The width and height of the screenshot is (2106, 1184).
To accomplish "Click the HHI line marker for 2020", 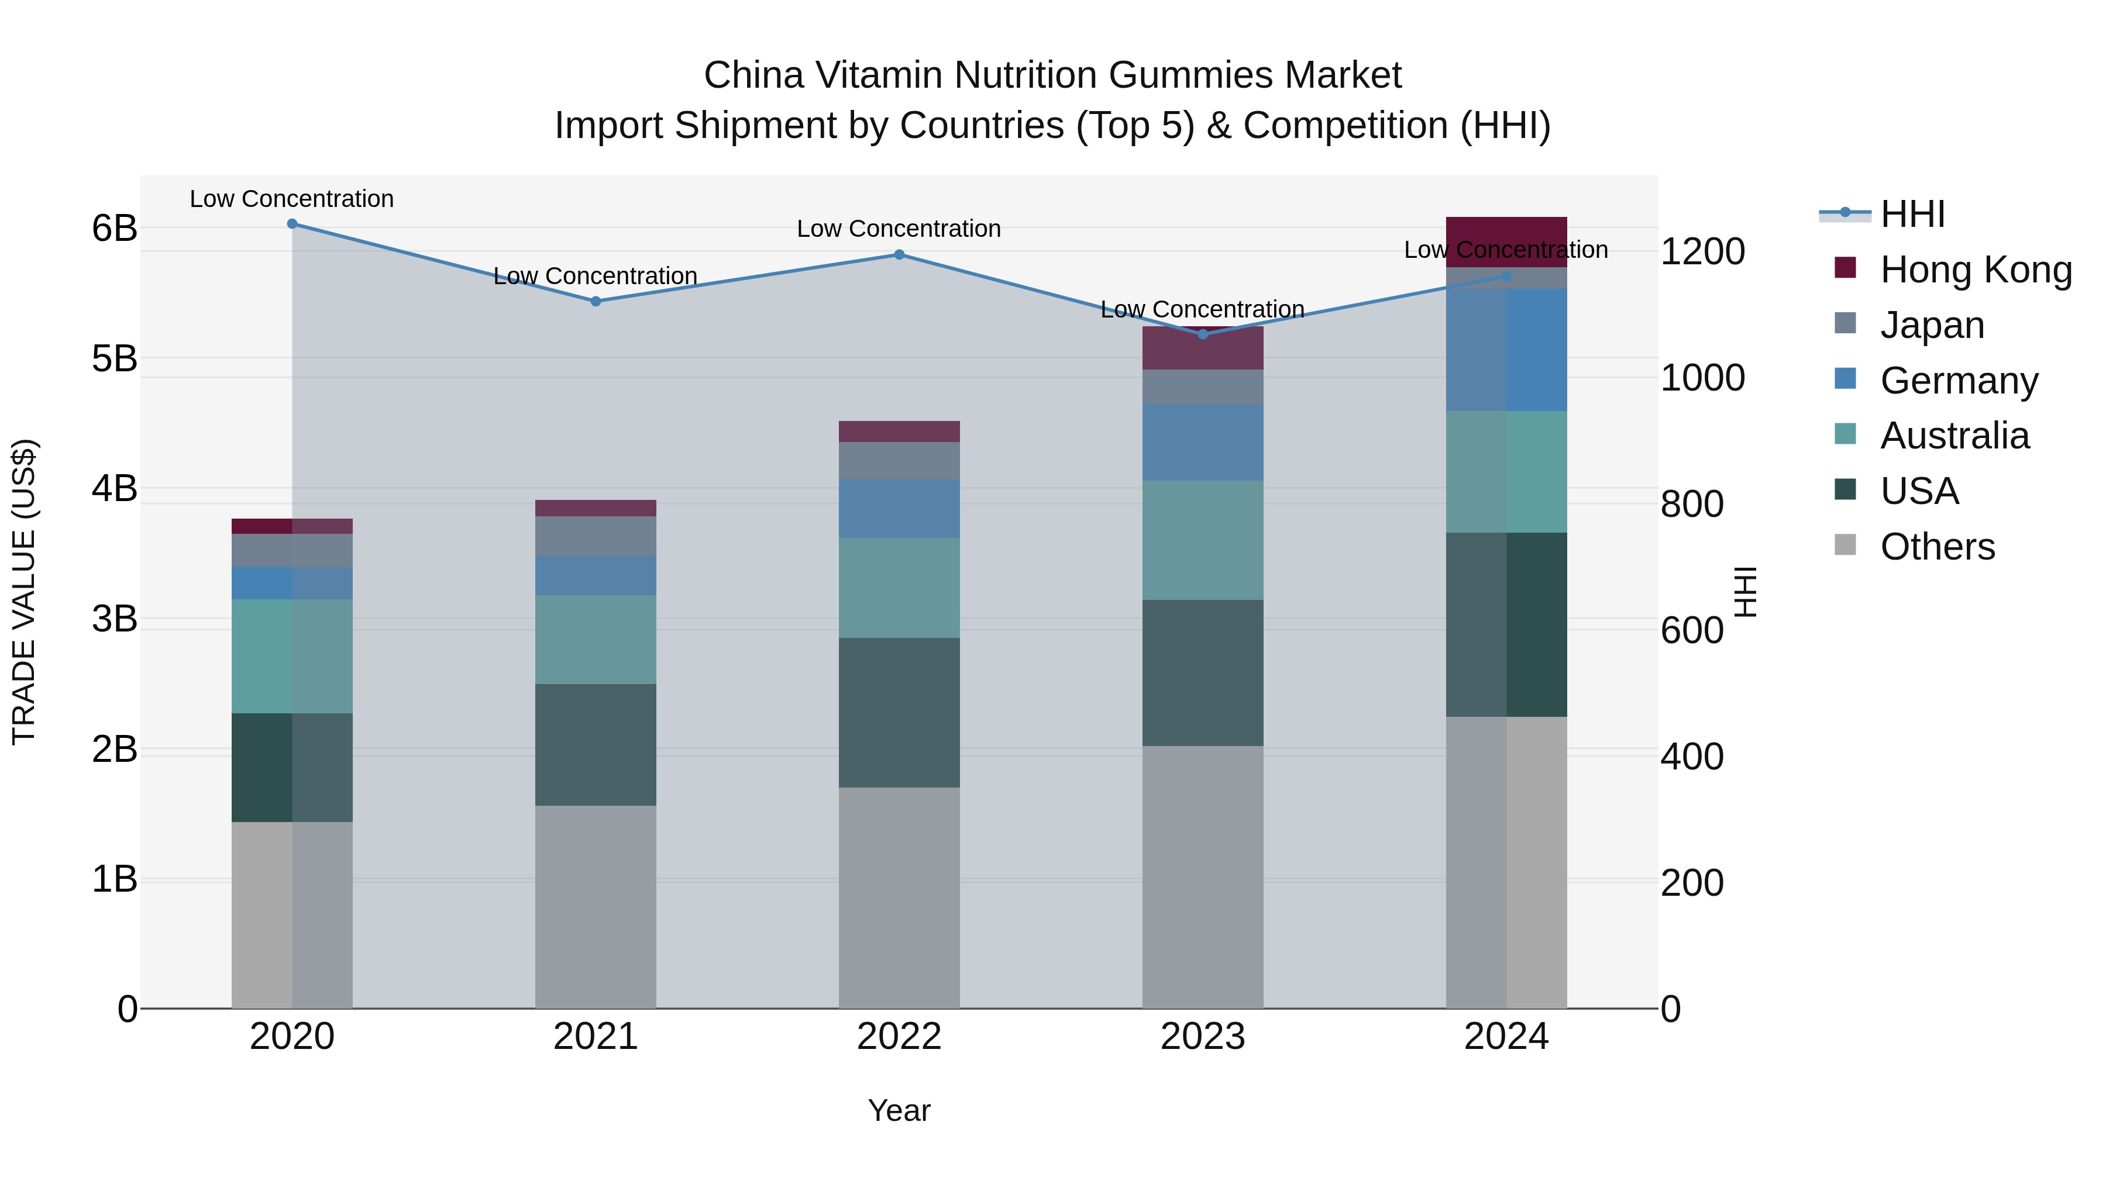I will [292, 224].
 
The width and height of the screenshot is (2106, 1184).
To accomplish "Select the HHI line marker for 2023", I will [1203, 334].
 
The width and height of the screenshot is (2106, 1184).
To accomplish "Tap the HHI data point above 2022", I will [899, 255].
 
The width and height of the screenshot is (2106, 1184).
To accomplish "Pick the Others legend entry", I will [1937, 547].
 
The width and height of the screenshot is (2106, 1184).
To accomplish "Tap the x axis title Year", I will [899, 1110].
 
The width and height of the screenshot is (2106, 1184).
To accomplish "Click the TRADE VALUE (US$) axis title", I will [25, 592].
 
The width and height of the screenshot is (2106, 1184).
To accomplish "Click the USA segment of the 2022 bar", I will [899, 713].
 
